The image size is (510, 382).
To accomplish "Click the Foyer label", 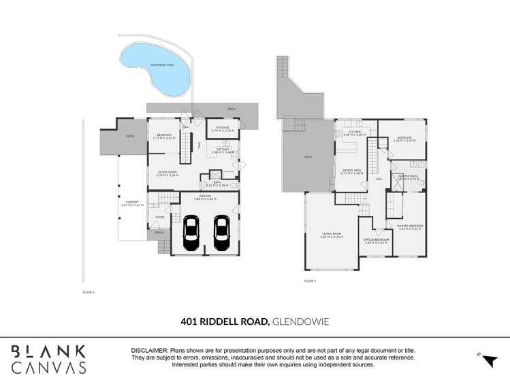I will click(160, 218).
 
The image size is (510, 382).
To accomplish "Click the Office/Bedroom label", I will click(376, 241).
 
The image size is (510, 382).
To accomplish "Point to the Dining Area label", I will click(352, 171).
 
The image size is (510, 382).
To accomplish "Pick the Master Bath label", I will click(408, 177).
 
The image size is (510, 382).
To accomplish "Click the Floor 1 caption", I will click(89, 292).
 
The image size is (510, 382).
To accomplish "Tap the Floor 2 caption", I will click(310, 280).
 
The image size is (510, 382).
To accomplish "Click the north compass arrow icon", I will click(487, 359).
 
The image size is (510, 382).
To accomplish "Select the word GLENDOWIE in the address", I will click(301, 321).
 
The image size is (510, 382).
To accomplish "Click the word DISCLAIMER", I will click(149, 350).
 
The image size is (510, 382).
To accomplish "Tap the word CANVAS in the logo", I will click(48, 368).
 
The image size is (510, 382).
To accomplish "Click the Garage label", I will click(204, 197).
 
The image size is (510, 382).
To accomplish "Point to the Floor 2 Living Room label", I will click(332, 237).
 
